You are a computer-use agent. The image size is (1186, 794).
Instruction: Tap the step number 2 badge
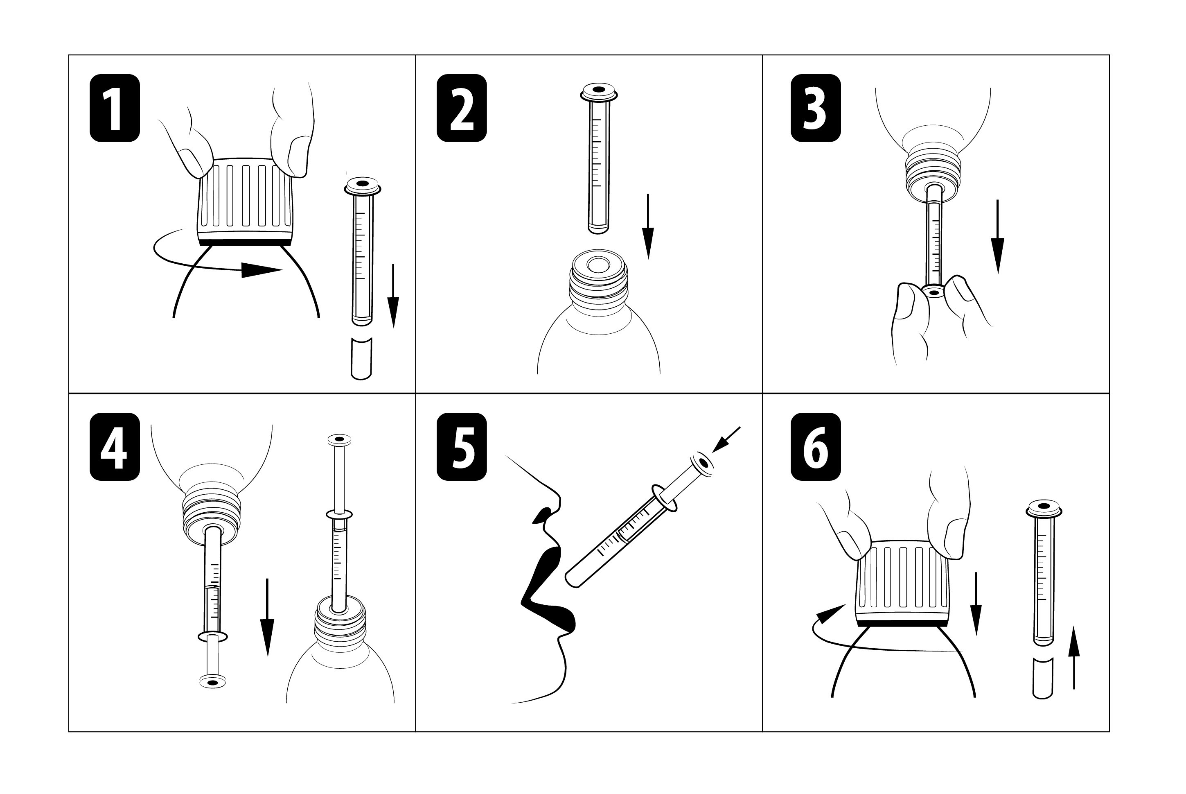[462, 108]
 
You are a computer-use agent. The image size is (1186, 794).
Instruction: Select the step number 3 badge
[816, 108]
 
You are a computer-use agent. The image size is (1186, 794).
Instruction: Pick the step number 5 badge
[462, 447]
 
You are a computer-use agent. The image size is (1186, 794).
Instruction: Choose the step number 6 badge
[816, 447]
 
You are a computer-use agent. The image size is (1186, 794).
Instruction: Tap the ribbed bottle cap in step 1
[246, 201]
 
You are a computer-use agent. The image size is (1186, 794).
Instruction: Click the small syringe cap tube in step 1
[361, 359]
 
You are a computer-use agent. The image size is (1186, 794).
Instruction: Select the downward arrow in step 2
[648, 226]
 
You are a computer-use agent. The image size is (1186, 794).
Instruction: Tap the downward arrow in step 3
[997, 236]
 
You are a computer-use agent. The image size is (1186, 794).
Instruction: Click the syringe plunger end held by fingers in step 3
[933, 292]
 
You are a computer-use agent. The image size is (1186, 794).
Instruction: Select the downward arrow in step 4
[267, 617]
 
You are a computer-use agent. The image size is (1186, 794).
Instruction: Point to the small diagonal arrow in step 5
[726, 439]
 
